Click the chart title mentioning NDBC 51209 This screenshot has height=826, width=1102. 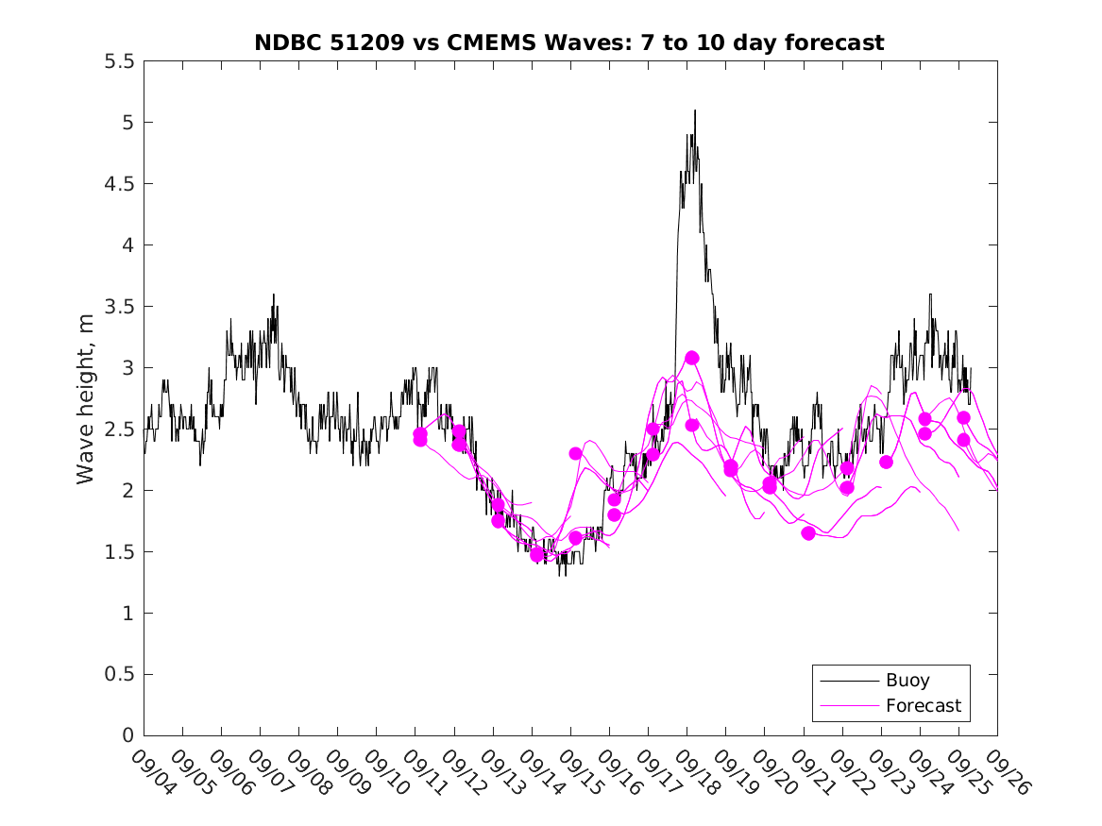coord(569,42)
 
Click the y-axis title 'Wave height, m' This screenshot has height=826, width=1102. coord(86,399)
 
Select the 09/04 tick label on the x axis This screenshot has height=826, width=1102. coord(151,772)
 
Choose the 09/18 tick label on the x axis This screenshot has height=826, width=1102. coord(694,772)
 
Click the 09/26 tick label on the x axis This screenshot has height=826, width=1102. coord(1005,772)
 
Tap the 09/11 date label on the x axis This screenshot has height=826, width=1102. coord(423,772)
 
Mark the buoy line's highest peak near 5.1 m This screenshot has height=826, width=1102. coord(695,110)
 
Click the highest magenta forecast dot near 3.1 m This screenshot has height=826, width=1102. coord(692,358)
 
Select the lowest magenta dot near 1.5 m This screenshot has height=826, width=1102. coord(537,554)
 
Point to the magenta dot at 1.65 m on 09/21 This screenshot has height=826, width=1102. coord(808,533)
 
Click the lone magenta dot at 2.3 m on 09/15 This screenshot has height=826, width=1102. coord(575,453)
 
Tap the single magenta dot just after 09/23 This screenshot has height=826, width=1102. coord(886,462)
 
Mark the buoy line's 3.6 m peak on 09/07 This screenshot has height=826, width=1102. coord(274,295)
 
